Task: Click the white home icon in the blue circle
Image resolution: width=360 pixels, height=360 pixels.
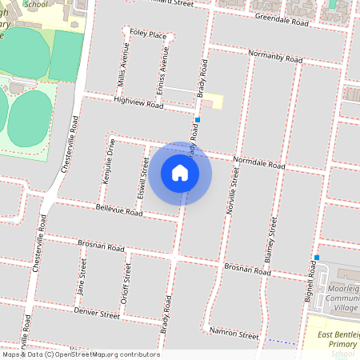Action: (180, 172)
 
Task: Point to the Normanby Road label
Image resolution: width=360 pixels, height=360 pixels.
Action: (276, 58)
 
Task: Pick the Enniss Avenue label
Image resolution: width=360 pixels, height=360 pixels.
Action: (162, 73)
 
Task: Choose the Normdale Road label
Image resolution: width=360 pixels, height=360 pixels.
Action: (259, 163)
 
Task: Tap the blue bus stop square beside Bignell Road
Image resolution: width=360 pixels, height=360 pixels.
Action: (317, 258)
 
